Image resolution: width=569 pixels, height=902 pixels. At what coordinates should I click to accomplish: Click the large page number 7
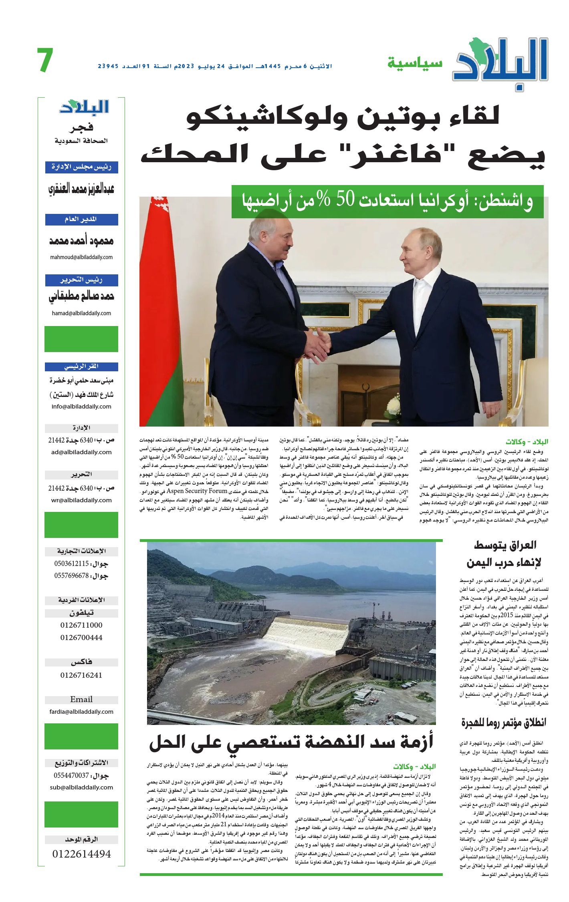pyautogui.click(x=45, y=60)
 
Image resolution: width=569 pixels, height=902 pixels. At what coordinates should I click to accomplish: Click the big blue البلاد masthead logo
pyautogui.click(x=500, y=61)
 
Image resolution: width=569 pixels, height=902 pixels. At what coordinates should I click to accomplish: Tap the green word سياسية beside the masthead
pyautogui.click(x=415, y=63)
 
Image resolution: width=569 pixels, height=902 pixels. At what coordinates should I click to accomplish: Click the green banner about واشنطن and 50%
pyautogui.click(x=387, y=202)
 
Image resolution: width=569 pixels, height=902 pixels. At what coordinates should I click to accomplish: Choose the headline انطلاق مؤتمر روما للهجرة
pyautogui.click(x=504, y=723)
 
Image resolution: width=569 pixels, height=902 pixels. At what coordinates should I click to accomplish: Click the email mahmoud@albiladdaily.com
pyautogui.click(x=81, y=257)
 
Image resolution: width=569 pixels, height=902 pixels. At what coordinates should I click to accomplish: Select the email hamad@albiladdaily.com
pyautogui.click(x=81, y=313)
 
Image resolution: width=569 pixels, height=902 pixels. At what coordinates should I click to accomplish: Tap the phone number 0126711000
pyautogui.click(x=81, y=625)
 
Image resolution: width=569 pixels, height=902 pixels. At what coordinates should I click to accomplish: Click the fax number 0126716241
pyautogui.click(x=81, y=675)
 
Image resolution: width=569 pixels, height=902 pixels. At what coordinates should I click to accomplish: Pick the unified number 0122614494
pyautogui.click(x=81, y=854)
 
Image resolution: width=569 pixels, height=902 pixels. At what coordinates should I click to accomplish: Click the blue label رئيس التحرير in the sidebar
pyautogui.click(x=81, y=280)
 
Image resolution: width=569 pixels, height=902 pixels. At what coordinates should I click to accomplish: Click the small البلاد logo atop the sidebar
pyautogui.click(x=84, y=107)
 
